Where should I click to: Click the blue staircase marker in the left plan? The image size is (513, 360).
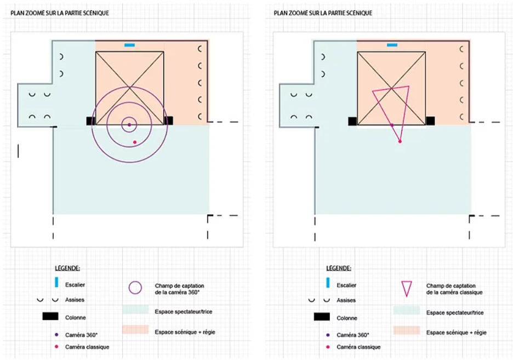(129, 44)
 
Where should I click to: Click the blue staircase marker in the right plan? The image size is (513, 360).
(391, 44)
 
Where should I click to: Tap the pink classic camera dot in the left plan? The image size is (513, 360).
(135, 142)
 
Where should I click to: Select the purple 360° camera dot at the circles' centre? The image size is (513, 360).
(129, 125)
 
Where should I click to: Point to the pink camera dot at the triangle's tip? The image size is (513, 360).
(400, 141)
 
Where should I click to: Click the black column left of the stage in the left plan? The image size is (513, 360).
(90, 121)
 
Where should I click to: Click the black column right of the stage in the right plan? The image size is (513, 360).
(431, 121)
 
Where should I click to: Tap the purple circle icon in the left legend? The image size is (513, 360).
(135, 288)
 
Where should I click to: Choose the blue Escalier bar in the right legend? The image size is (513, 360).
(328, 283)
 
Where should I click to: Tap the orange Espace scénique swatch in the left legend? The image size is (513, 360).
(135, 330)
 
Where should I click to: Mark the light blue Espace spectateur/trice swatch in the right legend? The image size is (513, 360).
(406, 310)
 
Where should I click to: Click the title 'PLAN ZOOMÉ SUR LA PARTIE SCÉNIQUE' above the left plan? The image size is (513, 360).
(59, 12)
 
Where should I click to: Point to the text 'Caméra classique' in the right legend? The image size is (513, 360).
(359, 347)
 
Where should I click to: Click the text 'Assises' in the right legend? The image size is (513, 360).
(346, 300)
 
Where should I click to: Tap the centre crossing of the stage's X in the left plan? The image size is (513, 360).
(130, 87)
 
